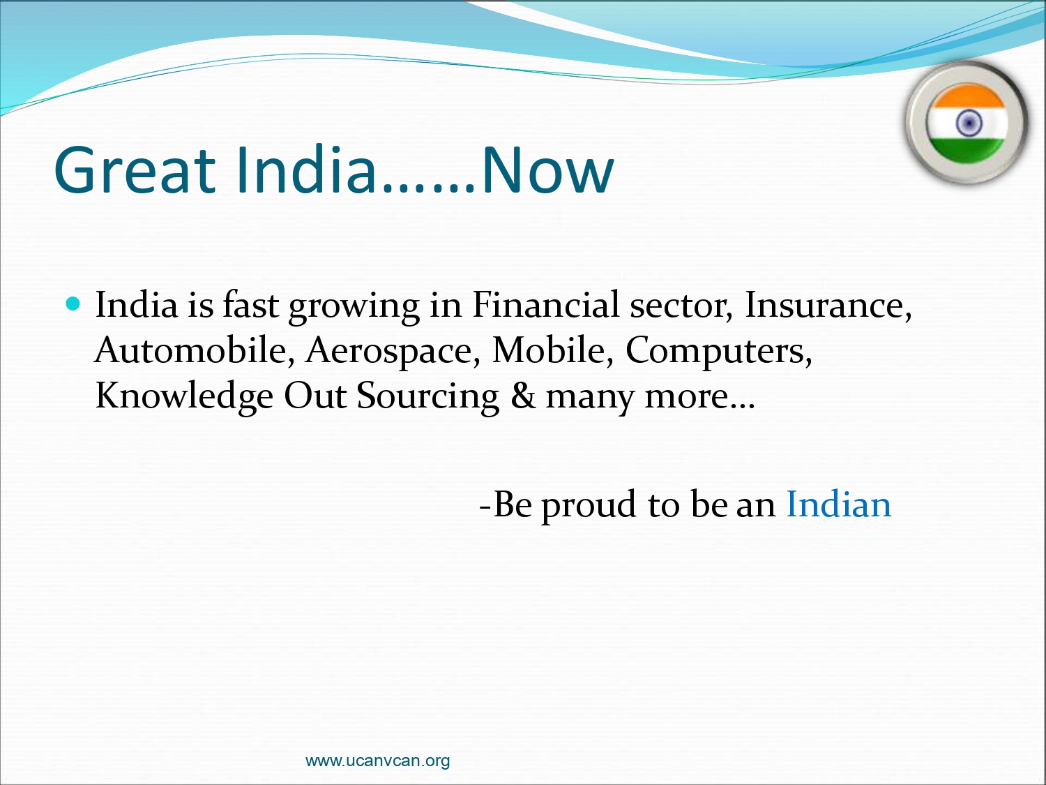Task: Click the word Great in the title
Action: pyautogui.click(x=135, y=170)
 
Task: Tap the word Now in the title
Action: pyautogui.click(x=547, y=170)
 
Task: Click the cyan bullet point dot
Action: pyautogui.click(x=73, y=304)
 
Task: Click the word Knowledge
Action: pyautogui.click(x=184, y=396)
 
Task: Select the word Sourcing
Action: pyautogui.click(x=427, y=396)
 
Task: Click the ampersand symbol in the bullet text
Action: pyautogui.click(x=523, y=396)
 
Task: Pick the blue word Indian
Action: pyautogui.click(x=838, y=504)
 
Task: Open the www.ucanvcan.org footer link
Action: pyautogui.click(x=377, y=760)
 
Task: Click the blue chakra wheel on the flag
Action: pyautogui.click(x=969, y=123)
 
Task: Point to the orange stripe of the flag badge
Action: pyautogui.click(x=967, y=96)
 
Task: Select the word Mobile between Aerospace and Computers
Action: pyautogui.click(x=552, y=350)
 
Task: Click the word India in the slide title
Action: pyautogui.click(x=308, y=170)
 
